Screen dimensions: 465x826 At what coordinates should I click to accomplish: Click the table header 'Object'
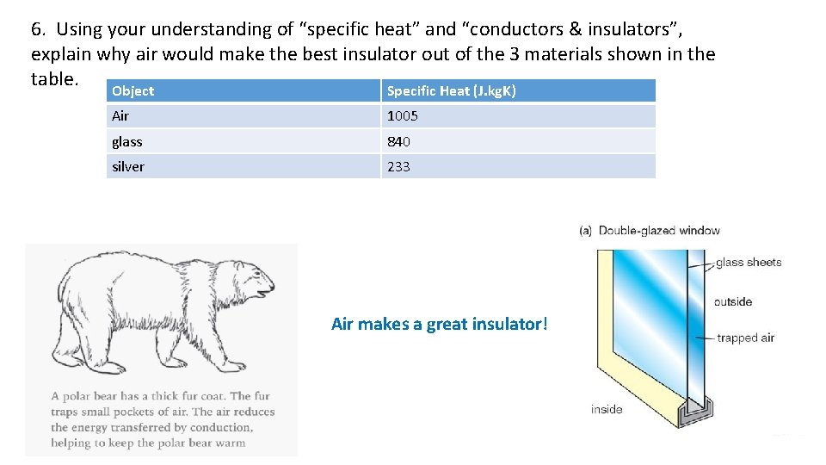pos(133,91)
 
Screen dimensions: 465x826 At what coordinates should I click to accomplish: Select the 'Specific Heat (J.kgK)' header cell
pos(451,91)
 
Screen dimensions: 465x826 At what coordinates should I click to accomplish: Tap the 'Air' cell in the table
pos(120,116)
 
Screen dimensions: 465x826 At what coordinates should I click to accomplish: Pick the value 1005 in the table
pos(402,116)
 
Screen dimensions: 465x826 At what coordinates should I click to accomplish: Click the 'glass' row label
pos(127,141)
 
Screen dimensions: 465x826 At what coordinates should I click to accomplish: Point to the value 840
pos(398,141)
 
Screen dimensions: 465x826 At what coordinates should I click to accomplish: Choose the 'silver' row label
pos(128,166)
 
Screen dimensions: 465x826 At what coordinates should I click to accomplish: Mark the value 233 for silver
pos(398,166)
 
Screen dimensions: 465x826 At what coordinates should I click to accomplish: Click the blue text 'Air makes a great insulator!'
pos(439,324)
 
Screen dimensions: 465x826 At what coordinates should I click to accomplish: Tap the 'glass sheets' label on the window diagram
pos(748,263)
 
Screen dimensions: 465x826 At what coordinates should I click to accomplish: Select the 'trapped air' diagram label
pos(745,338)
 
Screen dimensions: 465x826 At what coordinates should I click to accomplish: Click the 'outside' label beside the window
pos(733,301)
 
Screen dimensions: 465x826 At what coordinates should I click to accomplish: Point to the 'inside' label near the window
pos(607,409)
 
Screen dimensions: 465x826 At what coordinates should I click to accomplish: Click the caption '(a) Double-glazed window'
pos(650,230)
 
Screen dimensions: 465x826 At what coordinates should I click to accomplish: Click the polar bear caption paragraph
pos(162,419)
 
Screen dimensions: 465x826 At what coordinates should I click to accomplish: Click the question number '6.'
pos(39,29)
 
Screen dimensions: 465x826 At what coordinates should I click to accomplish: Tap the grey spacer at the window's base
pos(693,416)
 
